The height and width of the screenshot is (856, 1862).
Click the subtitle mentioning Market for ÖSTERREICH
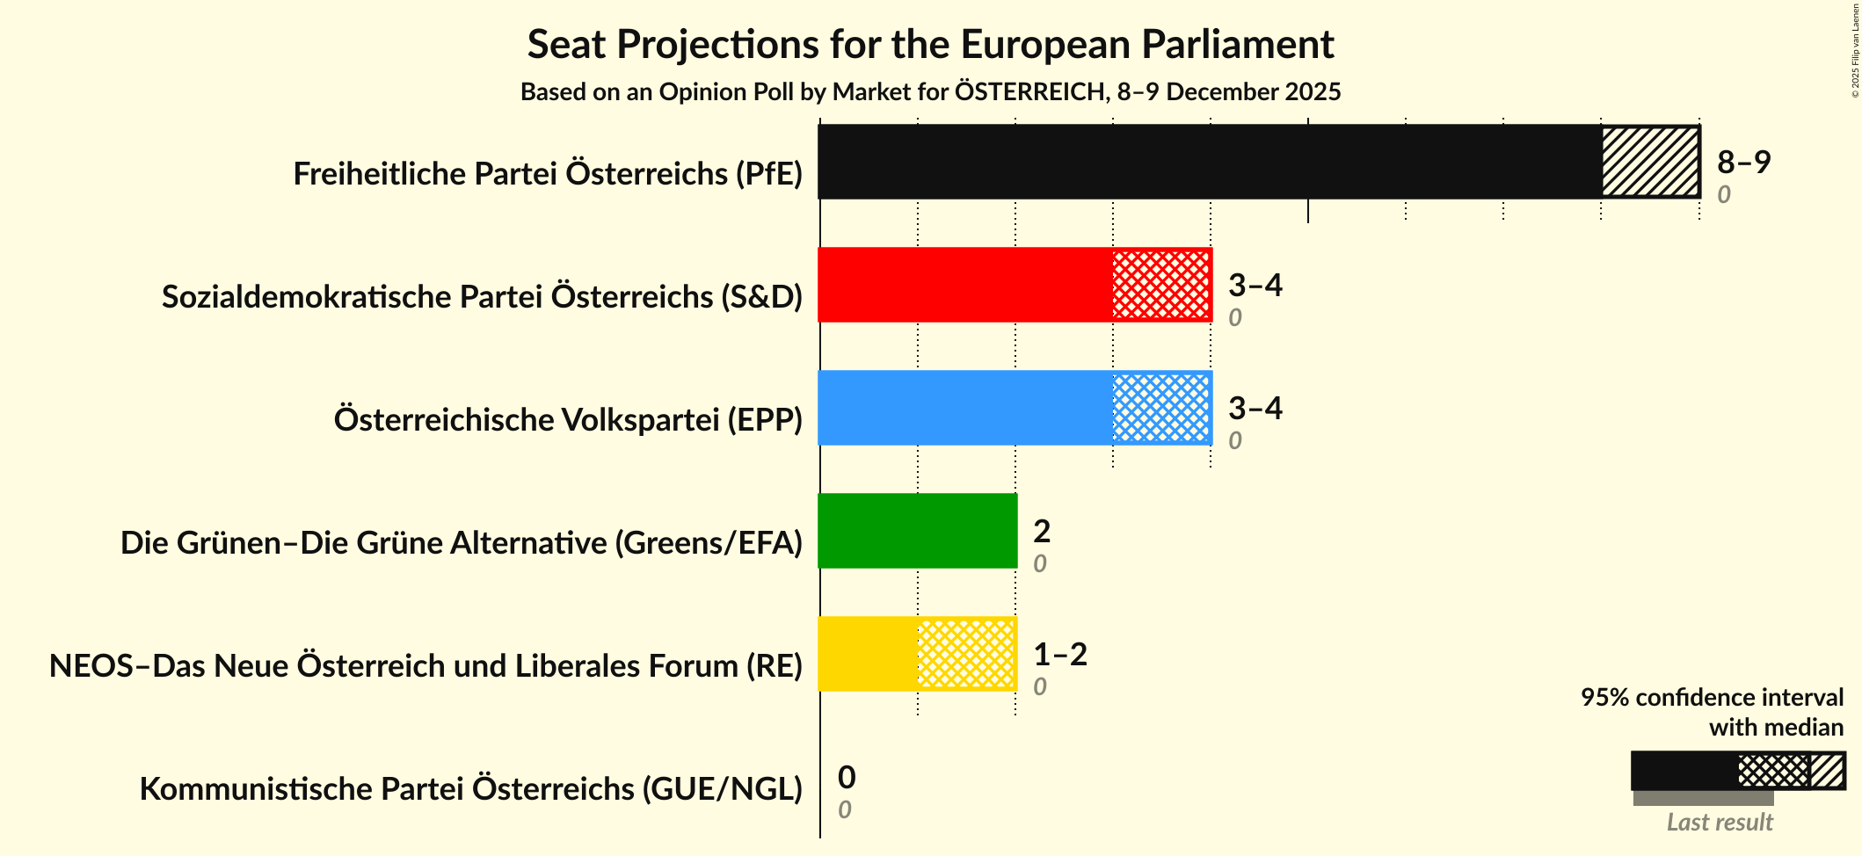930,92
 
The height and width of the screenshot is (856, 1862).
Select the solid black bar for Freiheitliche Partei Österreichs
1209,162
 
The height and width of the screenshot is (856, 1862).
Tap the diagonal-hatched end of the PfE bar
1650,162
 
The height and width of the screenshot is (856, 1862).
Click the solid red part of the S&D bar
965,285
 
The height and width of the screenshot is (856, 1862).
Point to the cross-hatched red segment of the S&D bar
1161,285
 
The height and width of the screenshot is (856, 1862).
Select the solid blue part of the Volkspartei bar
965,408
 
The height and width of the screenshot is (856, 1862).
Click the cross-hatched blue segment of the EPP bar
1161,408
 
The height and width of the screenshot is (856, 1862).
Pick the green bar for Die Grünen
917,531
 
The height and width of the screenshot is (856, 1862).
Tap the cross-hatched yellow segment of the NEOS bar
966,654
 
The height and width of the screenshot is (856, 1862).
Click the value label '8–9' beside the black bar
1743,162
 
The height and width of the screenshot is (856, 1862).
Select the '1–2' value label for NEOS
1060,654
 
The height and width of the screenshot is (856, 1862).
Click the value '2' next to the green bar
1042,531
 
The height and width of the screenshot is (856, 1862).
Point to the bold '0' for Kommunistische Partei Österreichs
846,777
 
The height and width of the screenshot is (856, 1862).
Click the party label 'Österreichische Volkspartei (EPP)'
568,420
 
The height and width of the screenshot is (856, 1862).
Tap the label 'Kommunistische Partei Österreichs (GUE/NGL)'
471,789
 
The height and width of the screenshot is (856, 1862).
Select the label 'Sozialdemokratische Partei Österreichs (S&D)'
482,297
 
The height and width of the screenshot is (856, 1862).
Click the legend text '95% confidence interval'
1711,698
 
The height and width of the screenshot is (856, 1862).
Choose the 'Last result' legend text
1720,823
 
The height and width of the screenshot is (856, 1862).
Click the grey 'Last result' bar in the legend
1703,798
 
